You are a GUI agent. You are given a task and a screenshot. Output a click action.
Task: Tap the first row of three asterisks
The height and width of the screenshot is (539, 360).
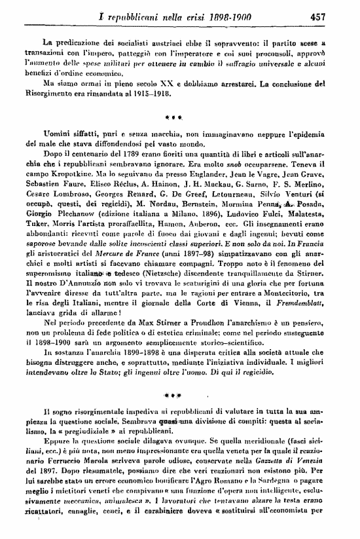pyautogui.click(x=181, y=121)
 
